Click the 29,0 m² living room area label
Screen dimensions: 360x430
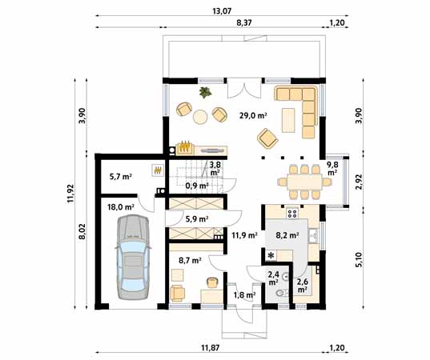253,115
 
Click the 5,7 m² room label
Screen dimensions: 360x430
120,176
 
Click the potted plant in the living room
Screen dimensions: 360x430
205,92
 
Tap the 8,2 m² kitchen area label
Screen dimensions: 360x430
287,236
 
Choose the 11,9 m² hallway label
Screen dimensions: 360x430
243,235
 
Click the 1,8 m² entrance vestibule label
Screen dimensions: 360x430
244,295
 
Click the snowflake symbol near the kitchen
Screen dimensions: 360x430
271,255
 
